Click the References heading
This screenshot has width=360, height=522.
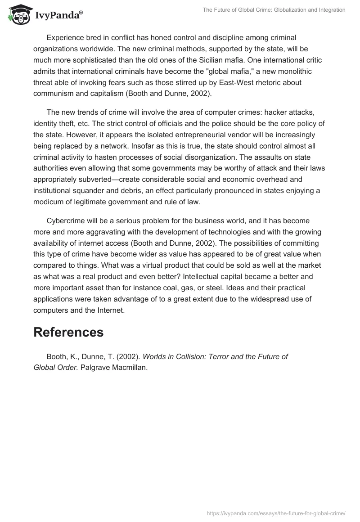[x=68, y=332]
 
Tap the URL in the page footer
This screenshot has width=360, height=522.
[x=276, y=513]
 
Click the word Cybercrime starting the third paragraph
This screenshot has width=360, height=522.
[x=68, y=221]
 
